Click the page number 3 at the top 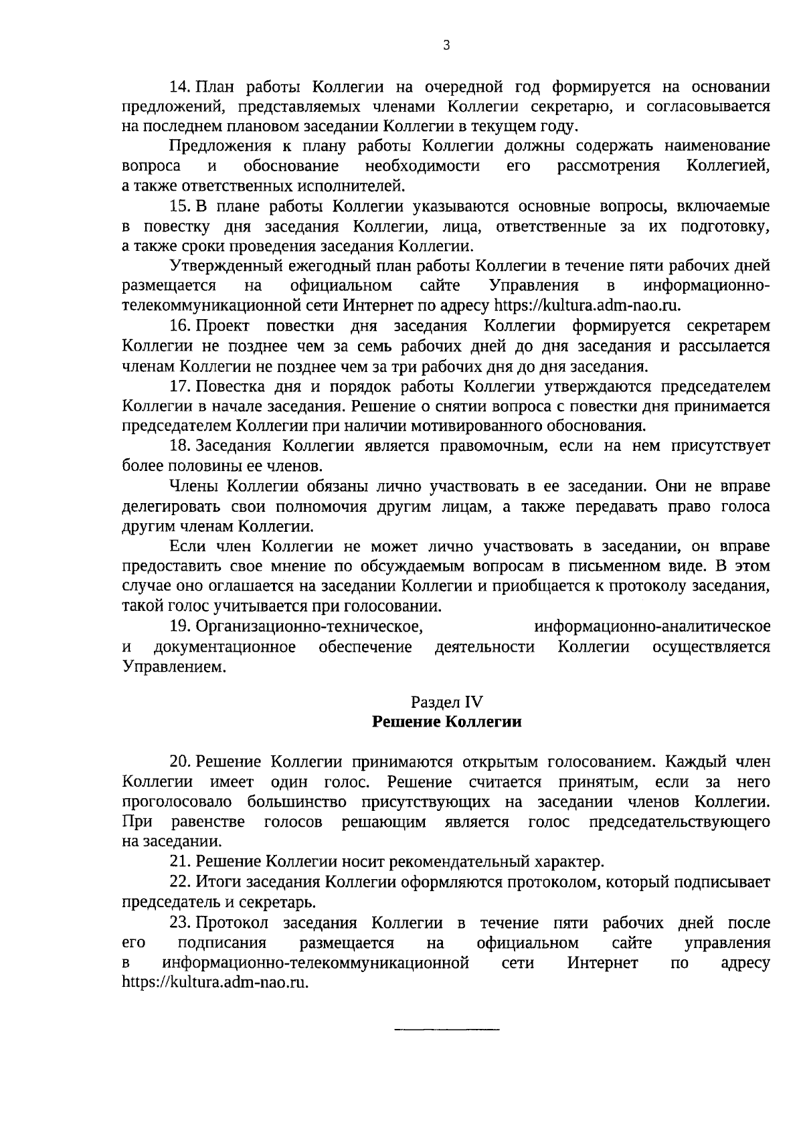click(x=446, y=45)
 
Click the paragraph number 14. click(x=181, y=86)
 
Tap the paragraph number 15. click(x=181, y=206)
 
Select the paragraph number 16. click(x=181, y=326)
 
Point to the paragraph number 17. click(x=181, y=386)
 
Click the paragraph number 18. click(x=181, y=446)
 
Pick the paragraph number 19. click(x=181, y=626)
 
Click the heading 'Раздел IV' click(x=446, y=702)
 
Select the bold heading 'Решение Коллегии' click(x=446, y=722)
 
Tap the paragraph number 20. click(x=181, y=761)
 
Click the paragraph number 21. click(x=181, y=862)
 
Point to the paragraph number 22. click(x=181, y=882)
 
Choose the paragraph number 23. click(x=181, y=923)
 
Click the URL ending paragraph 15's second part click(x=588, y=306)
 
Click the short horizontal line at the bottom click(x=446, y=1028)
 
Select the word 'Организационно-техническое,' click(x=310, y=627)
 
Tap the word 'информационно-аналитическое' click(x=652, y=627)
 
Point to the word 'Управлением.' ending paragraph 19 click(x=169, y=667)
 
